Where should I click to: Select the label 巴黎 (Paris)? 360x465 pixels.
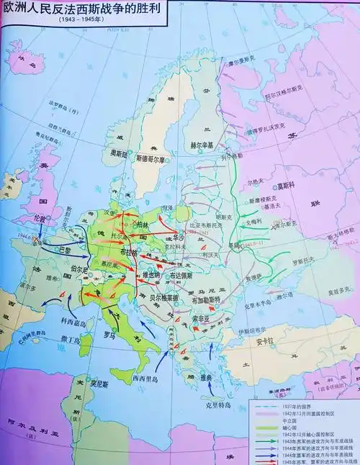point(65,250)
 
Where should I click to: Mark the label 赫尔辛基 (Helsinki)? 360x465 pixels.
point(202,145)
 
